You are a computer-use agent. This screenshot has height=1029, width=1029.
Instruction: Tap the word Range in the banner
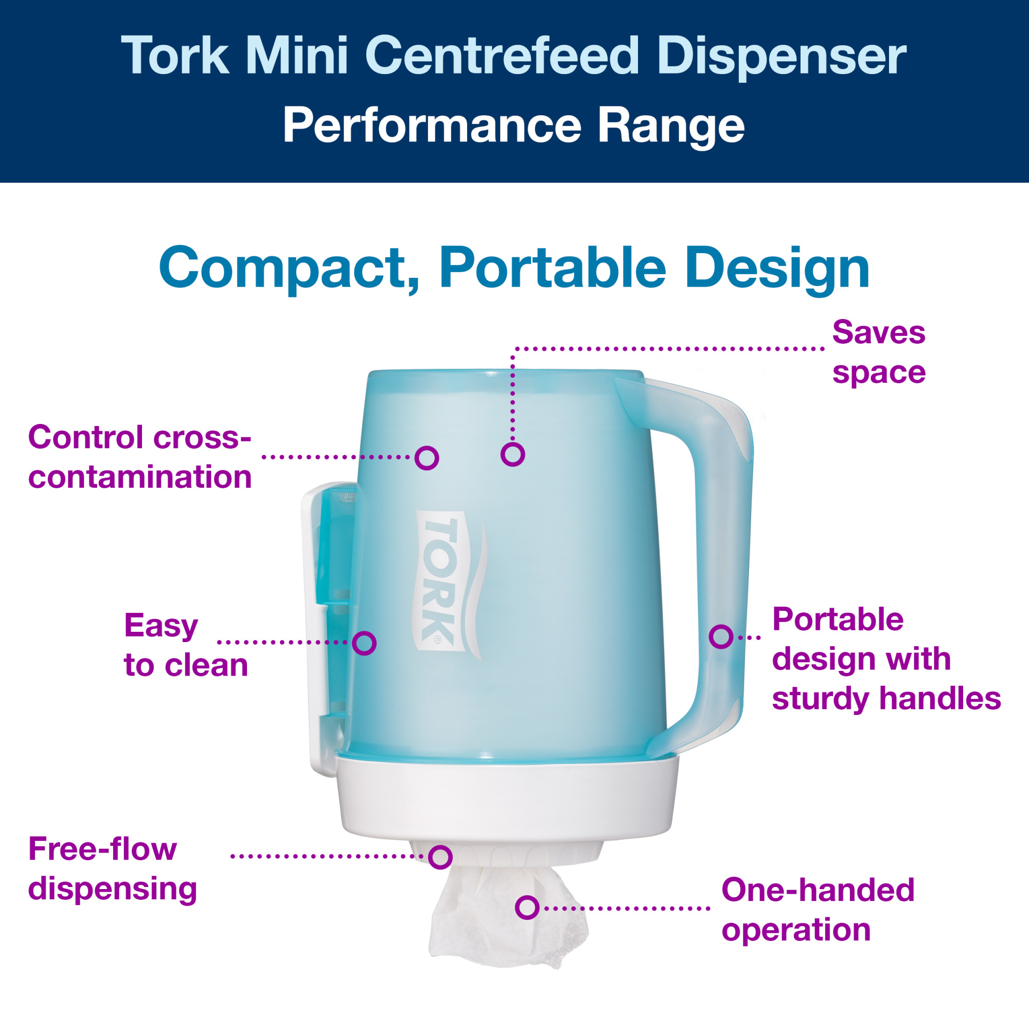[670, 126]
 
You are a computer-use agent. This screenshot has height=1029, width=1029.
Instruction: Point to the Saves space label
[879, 352]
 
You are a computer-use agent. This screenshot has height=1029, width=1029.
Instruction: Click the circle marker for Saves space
[512, 454]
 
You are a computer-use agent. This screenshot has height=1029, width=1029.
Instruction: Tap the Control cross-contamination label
[139, 456]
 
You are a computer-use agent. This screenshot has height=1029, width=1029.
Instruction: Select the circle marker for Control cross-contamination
[427, 457]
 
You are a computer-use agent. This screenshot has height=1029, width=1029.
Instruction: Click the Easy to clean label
[186, 645]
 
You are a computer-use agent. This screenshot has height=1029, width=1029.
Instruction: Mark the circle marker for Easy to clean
[365, 643]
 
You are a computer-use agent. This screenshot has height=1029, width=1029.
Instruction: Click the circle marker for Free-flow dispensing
[440, 857]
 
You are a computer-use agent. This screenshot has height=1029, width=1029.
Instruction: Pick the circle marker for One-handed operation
[527, 908]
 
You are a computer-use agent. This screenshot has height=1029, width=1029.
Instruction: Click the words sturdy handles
[886, 698]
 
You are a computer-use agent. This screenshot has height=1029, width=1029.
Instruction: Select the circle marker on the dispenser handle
[721, 636]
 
